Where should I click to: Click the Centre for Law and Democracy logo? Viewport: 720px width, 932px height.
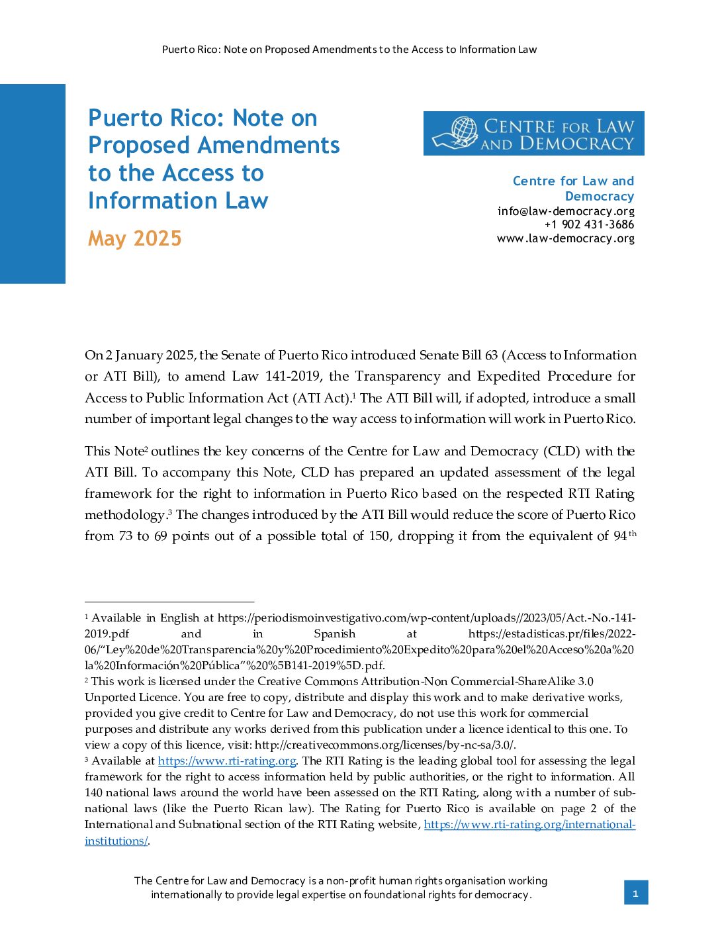(533, 134)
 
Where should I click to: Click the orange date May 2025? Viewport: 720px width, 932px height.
(135, 238)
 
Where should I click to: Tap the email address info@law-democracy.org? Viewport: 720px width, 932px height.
(566, 211)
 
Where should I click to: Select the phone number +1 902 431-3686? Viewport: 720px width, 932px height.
(589, 224)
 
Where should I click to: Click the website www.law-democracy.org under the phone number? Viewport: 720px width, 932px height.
(565, 238)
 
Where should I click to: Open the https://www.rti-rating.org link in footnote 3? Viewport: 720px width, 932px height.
(226, 761)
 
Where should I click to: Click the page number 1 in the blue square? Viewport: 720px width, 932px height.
(635, 894)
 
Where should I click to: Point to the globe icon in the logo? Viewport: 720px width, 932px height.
(464, 132)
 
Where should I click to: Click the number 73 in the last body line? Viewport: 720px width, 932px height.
(126, 536)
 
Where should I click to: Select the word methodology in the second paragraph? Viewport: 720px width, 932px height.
(124, 515)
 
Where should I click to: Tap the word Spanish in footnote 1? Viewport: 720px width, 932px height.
(334, 634)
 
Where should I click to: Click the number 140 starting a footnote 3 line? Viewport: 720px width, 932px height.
(93, 793)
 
